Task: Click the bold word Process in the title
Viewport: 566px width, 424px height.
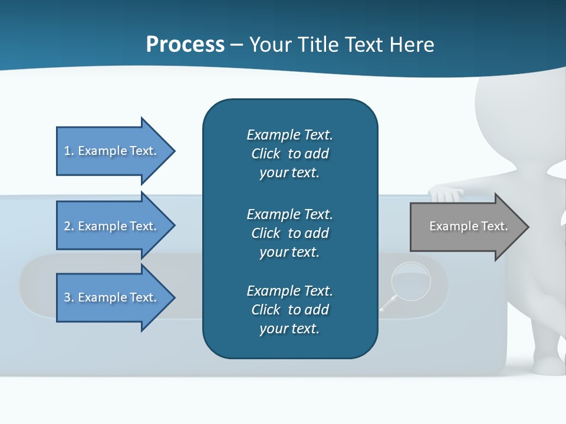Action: click(x=185, y=45)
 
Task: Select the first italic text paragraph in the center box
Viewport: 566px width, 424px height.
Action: click(x=289, y=154)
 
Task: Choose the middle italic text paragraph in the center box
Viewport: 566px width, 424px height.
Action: click(x=289, y=233)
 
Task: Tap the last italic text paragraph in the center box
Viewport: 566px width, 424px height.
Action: click(x=289, y=310)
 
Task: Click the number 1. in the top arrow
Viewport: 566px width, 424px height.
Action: click(x=69, y=151)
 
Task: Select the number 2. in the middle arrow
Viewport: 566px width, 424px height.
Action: click(x=69, y=226)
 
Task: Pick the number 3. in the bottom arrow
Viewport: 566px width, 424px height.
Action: click(x=69, y=297)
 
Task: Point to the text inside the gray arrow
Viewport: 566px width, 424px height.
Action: click(x=468, y=226)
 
